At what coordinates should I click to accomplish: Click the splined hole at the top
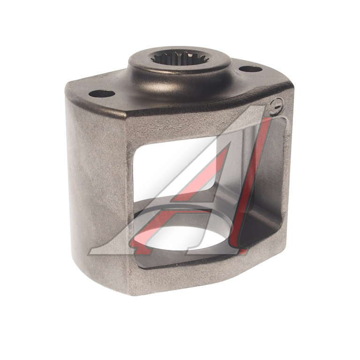coord(180,57)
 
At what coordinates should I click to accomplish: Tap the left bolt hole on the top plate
coord(102,94)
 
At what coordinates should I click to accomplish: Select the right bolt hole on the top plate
coord(250,68)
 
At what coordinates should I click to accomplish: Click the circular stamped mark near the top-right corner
coord(277,106)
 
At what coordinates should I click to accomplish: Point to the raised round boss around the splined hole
coord(180,69)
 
